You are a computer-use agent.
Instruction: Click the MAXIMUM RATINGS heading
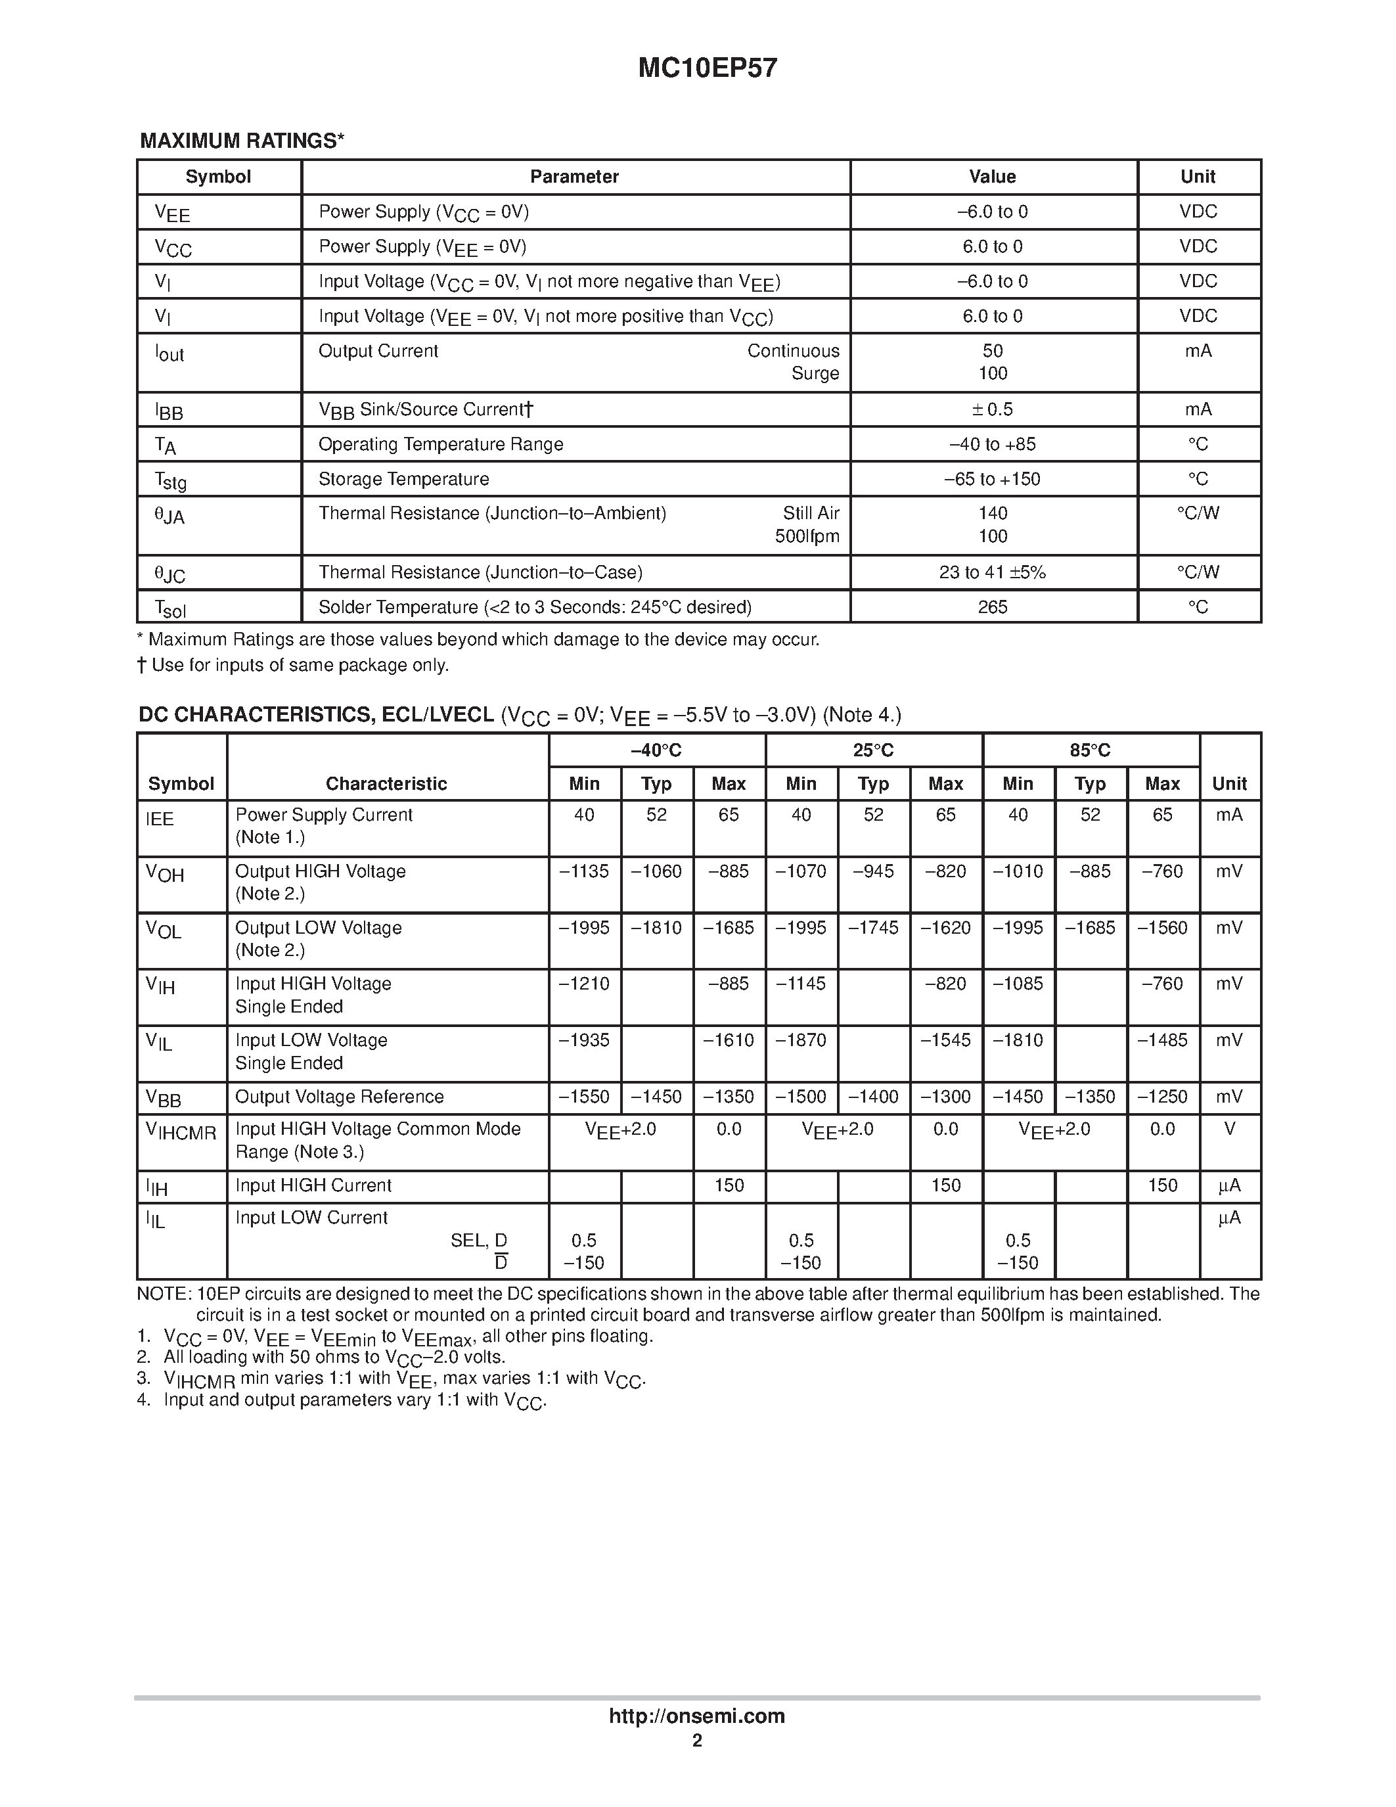[242, 141]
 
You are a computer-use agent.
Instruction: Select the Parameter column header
[574, 177]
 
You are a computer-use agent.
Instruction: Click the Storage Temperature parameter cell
[403, 479]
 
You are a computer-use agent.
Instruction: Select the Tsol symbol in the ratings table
[170, 609]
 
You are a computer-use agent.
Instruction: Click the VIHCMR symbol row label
[181, 1132]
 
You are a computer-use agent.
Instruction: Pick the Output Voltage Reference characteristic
[339, 1097]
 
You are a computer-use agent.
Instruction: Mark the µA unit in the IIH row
[1229, 1185]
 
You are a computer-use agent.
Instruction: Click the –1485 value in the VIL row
[1162, 1040]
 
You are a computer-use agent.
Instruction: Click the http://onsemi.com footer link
[696, 1716]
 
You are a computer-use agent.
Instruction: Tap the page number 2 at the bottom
[697, 1740]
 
